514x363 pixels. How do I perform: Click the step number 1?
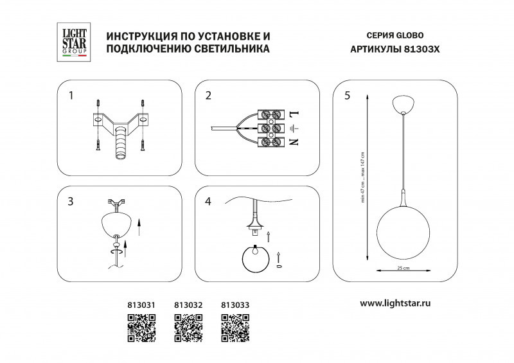click(x=71, y=96)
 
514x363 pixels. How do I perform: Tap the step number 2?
click(x=208, y=96)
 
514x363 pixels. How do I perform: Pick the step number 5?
click(x=347, y=96)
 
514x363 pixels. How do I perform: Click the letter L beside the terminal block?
click(x=295, y=114)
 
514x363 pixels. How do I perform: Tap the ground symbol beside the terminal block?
click(x=295, y=128)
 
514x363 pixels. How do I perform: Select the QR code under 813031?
click(x=141, y=328)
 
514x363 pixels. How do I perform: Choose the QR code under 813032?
click(x=188, y=328)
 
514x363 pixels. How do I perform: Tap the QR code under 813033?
click(x=235, y=328)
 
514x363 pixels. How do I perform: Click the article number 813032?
click(x=188, y=306)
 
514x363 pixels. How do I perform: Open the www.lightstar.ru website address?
click(x=394, y=303)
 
